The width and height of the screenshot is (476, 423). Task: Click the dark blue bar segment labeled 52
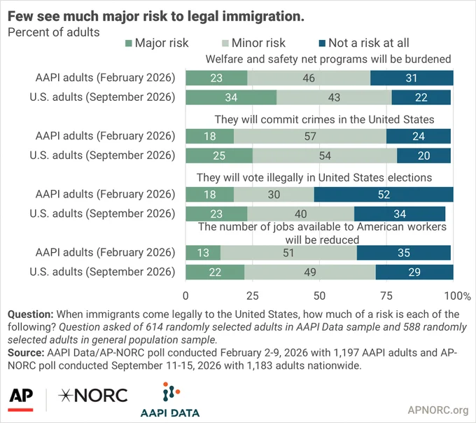(x=384, y=195)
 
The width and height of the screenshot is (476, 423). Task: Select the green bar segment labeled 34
(x=231, y=97)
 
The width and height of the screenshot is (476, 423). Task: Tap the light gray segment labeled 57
(x=310, y=136)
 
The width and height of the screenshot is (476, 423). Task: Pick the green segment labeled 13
(x=203, y=253)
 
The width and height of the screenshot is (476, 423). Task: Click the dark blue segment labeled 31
(x=412, y=78)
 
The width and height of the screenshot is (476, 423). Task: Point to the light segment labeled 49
(x=310, y=272)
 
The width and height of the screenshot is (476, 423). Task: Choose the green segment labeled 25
(x=219, y=155)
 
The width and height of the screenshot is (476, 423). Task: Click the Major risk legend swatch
(x=128, y=43)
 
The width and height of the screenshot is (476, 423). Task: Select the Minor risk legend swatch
(x=225, y=43)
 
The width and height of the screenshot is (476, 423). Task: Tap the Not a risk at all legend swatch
(x=322, y=43)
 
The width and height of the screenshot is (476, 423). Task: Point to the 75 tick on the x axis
(x=386, y=296)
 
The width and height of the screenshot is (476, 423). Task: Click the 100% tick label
(x=458, y=296)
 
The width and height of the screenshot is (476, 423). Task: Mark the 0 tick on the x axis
(x=185, y=296)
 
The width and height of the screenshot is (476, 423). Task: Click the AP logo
(x=21, y=398)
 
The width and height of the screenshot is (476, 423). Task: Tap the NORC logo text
(x=93, y=396)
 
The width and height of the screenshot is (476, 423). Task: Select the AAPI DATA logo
(x=170, y=400)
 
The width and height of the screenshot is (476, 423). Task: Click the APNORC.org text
(x=438, y=410)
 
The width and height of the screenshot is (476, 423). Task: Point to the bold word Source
(x=25, y=352)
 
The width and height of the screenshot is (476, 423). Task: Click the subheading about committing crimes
(x=324, y=119)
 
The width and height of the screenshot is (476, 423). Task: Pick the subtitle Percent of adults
(x=53, y=32)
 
